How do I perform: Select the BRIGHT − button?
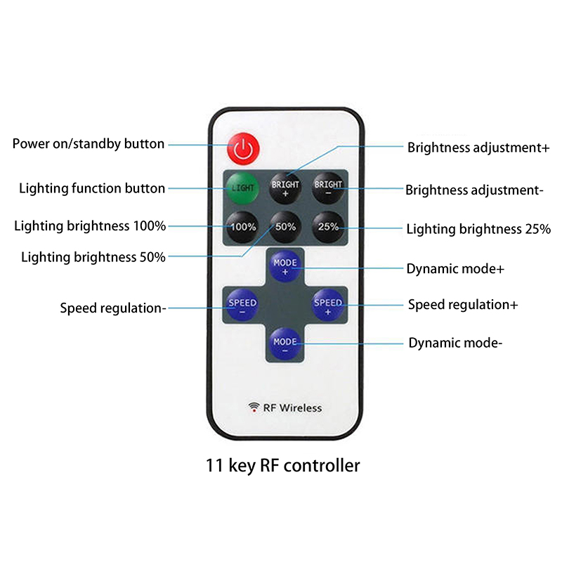[328, 188]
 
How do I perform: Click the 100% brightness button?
[243, 227]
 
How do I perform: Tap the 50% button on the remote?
[285, 227]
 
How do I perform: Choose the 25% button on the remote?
[328, 227]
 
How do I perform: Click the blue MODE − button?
[285, 344]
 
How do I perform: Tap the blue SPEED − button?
[242, 304]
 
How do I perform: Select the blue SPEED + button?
[328, 304]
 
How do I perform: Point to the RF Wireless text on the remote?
[292, 407]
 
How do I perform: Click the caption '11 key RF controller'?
[282, 465]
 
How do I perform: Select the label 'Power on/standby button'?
[89, 144]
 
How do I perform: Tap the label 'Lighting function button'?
[92, 188]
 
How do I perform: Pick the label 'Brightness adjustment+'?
[478, 148]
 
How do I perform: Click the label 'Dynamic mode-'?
[455, 343]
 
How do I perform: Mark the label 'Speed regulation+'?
[463, 304]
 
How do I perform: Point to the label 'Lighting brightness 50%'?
[93, 257]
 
